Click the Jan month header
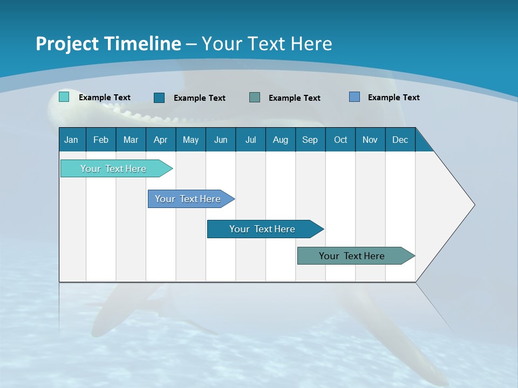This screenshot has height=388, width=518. pyautogui.click(x=71, y=140)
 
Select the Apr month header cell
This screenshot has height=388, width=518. pyautogui.click(x=160, y=140)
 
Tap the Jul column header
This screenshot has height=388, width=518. pyautogui.click(x=250, y=140)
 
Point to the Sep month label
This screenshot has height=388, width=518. pyautogui.click(x=310, y=140)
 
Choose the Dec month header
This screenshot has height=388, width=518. pyautogui.click(x=400, y=140)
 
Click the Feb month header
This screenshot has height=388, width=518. pyautogui.click(x=101, y=140)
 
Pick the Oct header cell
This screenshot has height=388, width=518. pyautogui.click(x=340, y=140)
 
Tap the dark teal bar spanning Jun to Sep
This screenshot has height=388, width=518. pyautogui.click(x=263, y=229)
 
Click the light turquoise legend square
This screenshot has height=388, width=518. pyautogui.click(x=64, y=97)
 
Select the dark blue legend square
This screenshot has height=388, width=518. pyautogui.click(x=159, y=98)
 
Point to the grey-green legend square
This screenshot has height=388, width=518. pyautogui.click(x=255, y=97)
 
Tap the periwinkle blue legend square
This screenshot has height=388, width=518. pyautogui.click(x=355, y=97)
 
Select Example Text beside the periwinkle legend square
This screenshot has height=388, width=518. pyautogui.click(x=393, y=98)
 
